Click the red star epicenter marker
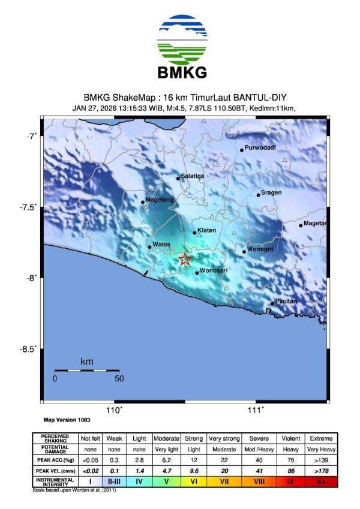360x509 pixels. coord(185,259)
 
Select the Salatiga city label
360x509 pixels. coord(193,175)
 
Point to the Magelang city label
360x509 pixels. coord(160,199)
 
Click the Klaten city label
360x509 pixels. coord(206,230)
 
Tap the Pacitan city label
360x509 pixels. coord(286,300)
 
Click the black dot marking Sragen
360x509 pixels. coord(259,195)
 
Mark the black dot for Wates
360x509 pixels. coord(149,246)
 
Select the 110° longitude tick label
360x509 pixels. coord(114,410)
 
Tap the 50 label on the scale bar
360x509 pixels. coord(119,379)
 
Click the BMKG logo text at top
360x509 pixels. coord(182,73)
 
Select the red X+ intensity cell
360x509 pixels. coord(321,481)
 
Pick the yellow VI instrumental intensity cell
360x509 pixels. coord(194,481)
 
